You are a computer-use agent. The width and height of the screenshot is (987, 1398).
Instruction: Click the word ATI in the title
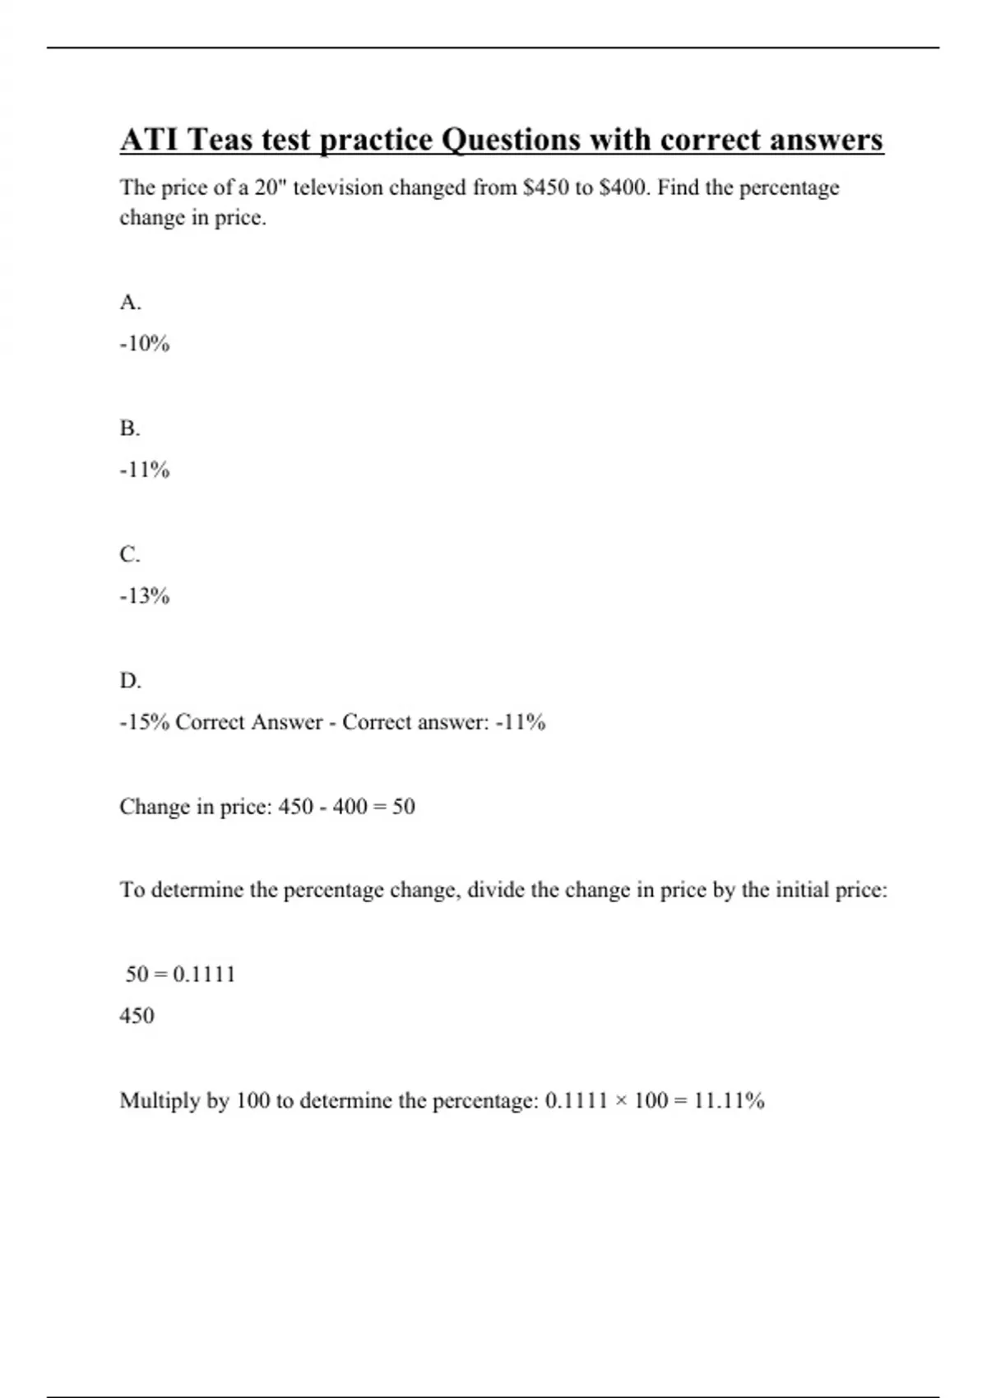pos(149,140)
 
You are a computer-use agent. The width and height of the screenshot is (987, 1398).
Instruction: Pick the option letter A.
pos(130,303)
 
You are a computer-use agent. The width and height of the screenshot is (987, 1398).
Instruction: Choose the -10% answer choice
pos(145,344)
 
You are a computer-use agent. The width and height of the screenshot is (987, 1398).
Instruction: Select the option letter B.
pos(130,428)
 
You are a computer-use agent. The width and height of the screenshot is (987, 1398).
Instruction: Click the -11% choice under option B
pos(145,470)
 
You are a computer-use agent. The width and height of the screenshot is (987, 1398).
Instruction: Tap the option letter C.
pos(130,555)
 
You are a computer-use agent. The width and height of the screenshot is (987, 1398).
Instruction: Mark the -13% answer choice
pos(145,596)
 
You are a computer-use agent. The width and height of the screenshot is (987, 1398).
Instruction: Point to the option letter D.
pos(130,681)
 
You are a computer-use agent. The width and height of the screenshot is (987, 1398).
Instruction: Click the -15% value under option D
pos(145,722)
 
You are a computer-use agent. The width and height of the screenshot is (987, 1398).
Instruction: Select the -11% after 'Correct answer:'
pos(521,722)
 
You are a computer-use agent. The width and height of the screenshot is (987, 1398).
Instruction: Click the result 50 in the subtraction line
pos(404,807)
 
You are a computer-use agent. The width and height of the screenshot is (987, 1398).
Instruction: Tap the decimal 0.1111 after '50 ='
pos(205,974)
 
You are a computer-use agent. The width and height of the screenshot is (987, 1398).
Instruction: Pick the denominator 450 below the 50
pos(137,1016)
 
